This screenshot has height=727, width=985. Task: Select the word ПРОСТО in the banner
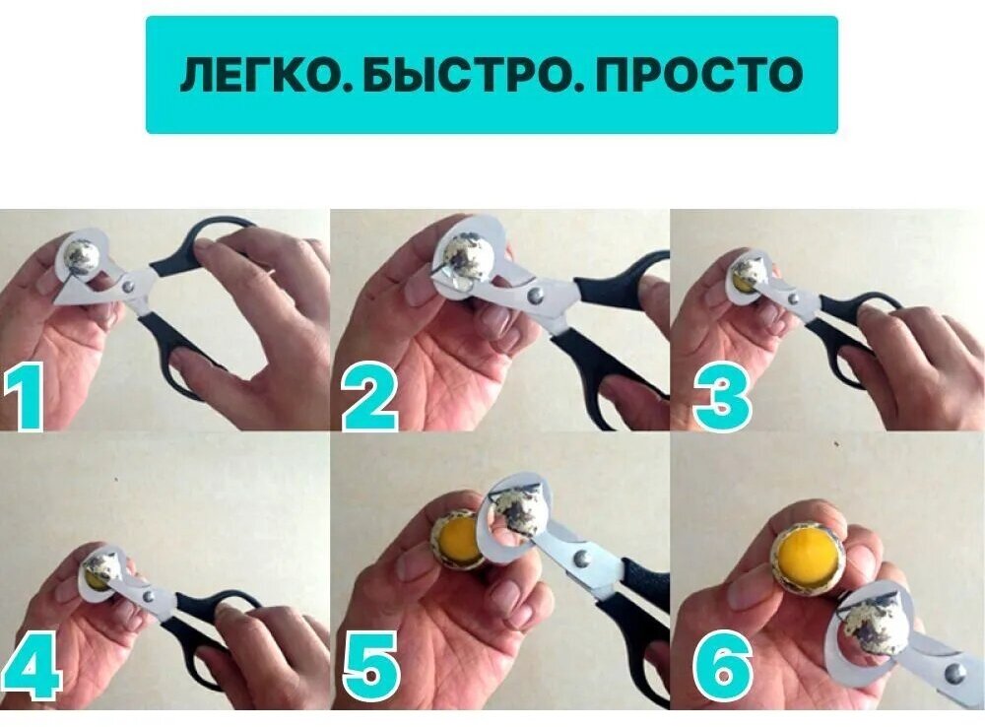tap(698, 74)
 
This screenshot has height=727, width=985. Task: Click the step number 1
tap(24, 397)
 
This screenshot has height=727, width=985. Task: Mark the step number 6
tap(722, 669)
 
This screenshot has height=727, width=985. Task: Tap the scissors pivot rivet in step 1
tap(128, 287)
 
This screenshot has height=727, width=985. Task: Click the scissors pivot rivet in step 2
tap(536, 294)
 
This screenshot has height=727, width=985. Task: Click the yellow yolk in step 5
tap(462, 540)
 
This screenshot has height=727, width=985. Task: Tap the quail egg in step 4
tap(102, 569)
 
